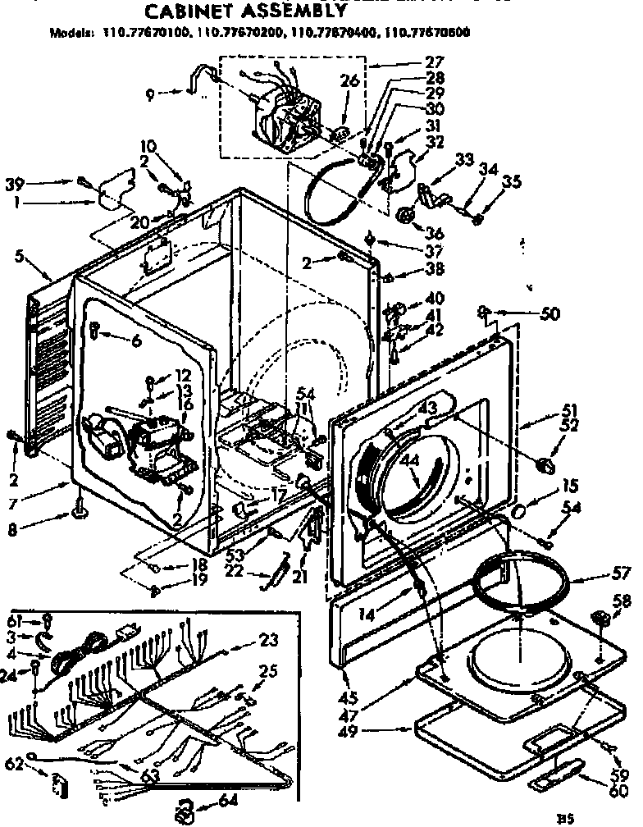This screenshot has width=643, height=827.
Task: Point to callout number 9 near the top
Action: pos(149,93)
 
